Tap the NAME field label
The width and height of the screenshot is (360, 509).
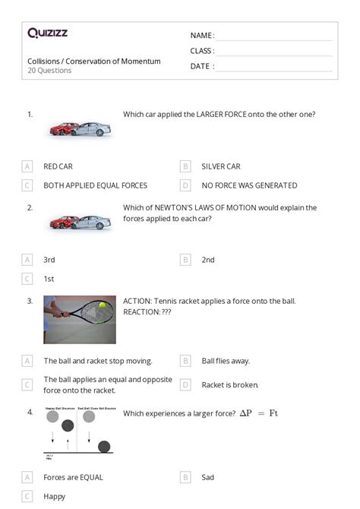click(201, 36)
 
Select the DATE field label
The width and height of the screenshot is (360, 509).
click(201, 67)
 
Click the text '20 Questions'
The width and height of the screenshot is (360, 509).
click(49, 71)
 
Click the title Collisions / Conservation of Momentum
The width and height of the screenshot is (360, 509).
click(93, 61)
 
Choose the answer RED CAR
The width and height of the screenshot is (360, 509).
click(58, 166)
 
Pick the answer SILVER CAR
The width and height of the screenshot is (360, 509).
click(220, 166)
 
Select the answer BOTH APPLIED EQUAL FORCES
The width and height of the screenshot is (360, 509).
click(95, 185)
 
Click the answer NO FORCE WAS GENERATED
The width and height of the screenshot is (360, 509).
click(249, 185)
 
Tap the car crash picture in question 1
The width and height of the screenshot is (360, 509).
click(80, 129)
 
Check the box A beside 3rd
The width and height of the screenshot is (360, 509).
click(28, 260)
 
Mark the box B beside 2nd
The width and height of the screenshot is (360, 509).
click(185, 260)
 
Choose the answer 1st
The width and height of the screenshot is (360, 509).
click(49, 279)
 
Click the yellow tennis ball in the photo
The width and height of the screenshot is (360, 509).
click(103, 305)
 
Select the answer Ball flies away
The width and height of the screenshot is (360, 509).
click(226, 361)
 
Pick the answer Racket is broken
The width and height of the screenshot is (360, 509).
click(229, 385)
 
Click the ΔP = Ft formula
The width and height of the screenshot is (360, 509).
click(259, 413)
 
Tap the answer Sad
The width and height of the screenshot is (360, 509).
click(207, 477)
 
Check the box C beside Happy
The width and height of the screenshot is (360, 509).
click(28, 496)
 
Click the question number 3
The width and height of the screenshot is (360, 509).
click(30, 301)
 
